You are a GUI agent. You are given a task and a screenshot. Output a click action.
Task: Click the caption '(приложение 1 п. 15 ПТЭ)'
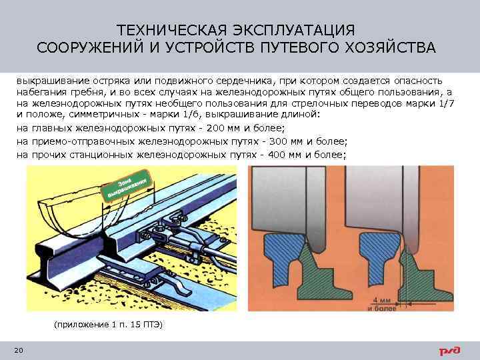[107, 324]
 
